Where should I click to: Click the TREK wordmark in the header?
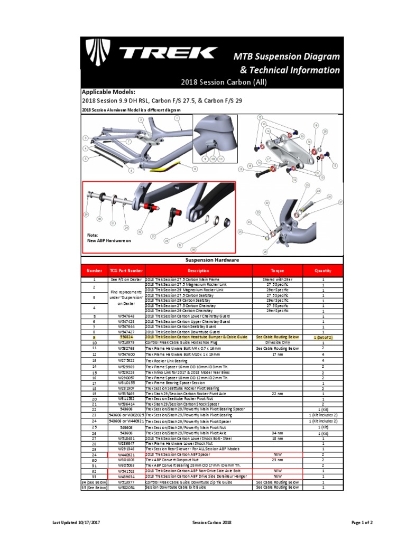[168, 53]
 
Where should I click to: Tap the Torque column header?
[277, 270]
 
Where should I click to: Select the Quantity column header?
[322, 270]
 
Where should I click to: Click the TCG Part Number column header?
[126, 270]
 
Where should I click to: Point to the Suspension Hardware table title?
[211, 260]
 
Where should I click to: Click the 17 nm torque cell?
[277, 355]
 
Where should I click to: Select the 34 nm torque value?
[277, 433]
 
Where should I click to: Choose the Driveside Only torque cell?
[277, 342]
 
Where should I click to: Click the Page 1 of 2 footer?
[362, 523]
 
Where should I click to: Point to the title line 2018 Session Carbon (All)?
[211, 82]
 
